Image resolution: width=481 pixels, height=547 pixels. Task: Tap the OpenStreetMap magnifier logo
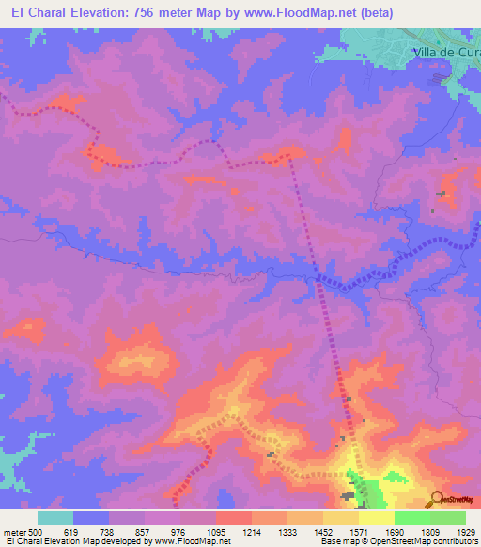pyautogui.click(x=437, y=498)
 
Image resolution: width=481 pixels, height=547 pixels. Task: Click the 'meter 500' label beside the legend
pyautogui.click(x=22, y=533)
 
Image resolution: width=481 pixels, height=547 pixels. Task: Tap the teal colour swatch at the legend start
pyautogui.click(x=54, y=518)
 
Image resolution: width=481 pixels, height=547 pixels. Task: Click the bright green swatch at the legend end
pyautogui.click(x=447, y=518)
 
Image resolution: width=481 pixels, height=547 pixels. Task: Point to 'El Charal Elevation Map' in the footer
pyautogui.click(x=54, y=542)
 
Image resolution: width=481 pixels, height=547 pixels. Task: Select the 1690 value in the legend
pyautogui.click(x=395, y=533)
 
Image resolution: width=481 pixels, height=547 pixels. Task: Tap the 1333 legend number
pyautogui.click(x=287, y=533)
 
